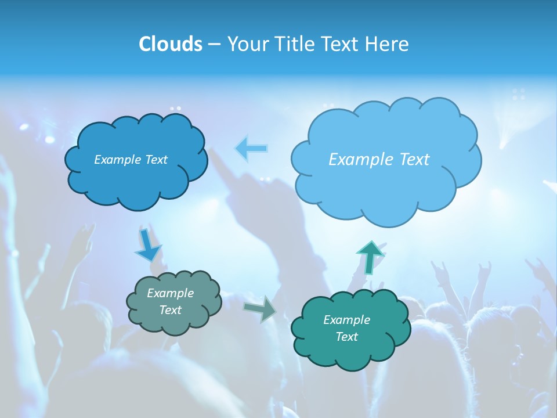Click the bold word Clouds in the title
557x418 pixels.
tap(171, 44)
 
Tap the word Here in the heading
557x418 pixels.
tap(387, 44)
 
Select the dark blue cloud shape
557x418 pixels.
tap(136, 180)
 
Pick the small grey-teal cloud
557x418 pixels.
tap(174, 322)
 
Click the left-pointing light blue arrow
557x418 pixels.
tap(251, 149)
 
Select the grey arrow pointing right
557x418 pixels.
tap(261, 308)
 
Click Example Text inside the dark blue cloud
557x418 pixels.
tap(131, 160)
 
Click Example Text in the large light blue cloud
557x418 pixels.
tap(379, 160)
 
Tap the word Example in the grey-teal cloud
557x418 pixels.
tap(170, 293)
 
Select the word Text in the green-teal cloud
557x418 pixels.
tap(346, 337)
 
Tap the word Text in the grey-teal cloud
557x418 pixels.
tap(170, 310)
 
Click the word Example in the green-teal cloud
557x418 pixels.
tap(346, 320)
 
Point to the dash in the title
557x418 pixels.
tap(214, 44)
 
